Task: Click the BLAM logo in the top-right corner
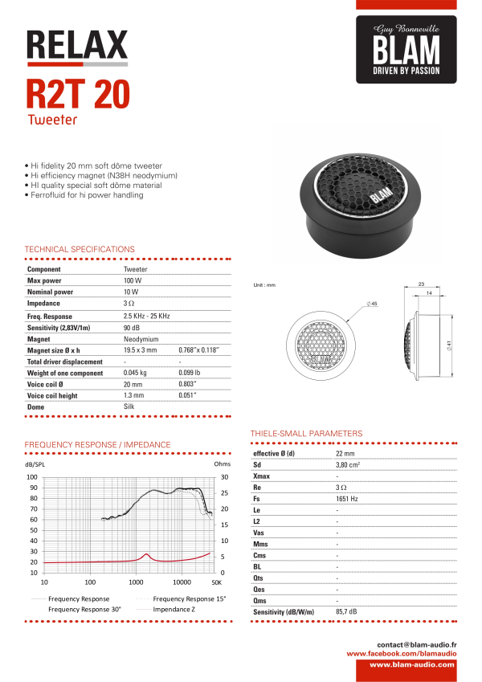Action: tap(406, 51)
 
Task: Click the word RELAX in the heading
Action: tap(77, 44)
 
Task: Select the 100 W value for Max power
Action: tap(133, 281)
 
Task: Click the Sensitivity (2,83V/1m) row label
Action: tap(59, 328)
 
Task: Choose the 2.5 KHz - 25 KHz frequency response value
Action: tap(147, 316)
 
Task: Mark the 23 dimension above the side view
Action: tap(421, 284)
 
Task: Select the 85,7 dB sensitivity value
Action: tap(347, 612)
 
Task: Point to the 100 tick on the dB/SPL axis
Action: tap(33, 477)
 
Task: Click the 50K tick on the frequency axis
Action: tap(215, 581)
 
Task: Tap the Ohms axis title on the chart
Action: tap(222, 464)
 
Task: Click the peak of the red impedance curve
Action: tap(146, 553)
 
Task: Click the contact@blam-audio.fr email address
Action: tap(417, 644)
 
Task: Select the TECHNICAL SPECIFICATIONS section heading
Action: tap(80, 249)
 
